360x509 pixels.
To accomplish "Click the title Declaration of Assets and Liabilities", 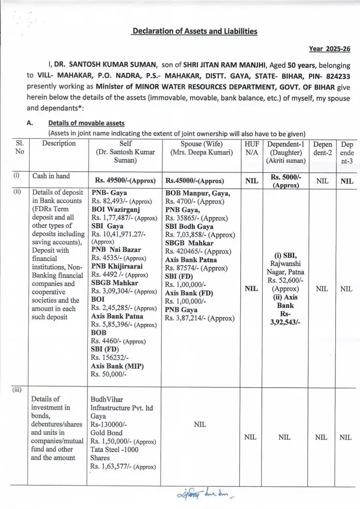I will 194,31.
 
